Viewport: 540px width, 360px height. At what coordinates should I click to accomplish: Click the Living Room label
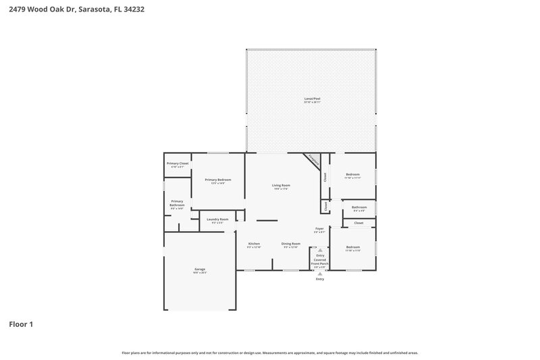[281, 185]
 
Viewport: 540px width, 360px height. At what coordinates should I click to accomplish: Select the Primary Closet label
[178, 163]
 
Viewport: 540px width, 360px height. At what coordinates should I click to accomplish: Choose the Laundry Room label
[217, 220]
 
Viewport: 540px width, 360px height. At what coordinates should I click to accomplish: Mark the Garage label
[200, 269]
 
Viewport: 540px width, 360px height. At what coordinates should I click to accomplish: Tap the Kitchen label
[254, 243]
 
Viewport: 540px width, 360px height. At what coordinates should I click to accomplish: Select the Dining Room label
[291, 243]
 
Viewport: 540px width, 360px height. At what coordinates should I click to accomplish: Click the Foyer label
[319, 229]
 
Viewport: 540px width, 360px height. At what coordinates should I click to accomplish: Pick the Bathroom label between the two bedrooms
[359, 207]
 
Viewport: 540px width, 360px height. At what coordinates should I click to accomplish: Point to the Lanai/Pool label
[312, 99]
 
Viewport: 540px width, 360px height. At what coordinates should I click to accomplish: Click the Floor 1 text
[21, 324]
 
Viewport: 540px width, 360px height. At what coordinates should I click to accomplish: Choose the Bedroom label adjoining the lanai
[353, 174]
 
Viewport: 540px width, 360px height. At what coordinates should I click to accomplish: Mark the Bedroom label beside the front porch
[353, 247]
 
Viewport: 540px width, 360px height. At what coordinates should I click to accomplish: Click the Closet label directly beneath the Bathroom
[358, 222]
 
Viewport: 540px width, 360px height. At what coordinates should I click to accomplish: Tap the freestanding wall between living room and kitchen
[267, 220]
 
